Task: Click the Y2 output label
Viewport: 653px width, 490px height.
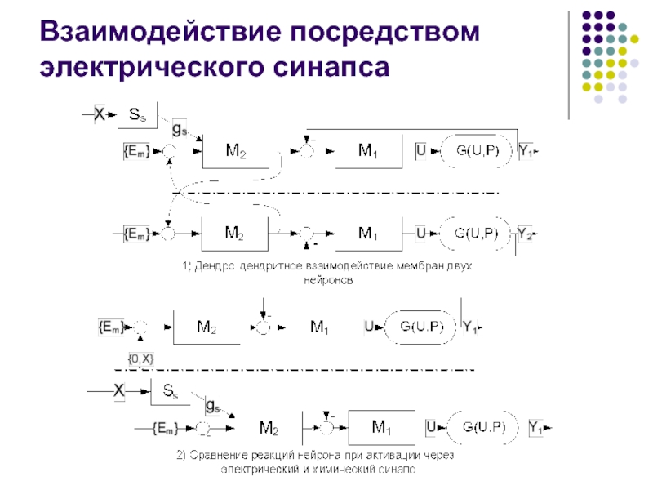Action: click(526, 234)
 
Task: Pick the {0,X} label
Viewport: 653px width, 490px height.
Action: click(140, 358)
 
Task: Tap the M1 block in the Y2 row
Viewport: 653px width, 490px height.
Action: click(368, 234)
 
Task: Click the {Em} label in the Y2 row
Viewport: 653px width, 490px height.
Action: click(136, 234)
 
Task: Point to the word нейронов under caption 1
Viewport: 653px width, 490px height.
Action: click(326, 279)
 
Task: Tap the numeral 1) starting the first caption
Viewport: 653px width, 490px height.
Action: click(186, 266)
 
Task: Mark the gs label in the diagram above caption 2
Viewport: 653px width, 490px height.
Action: click(213, 405)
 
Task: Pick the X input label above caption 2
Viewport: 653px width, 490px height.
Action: click(118, 391)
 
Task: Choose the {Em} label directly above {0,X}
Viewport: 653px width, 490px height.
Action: click(110, 327)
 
